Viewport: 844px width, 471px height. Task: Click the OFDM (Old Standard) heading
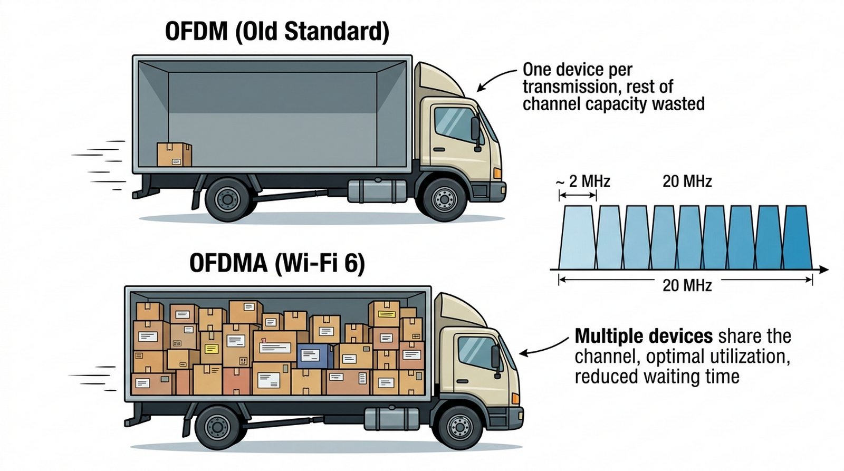277,32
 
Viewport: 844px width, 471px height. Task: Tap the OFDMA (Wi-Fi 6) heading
277,263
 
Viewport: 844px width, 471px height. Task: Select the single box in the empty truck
174,155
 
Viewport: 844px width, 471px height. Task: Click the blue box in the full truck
314,356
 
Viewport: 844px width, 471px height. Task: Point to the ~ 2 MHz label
583,181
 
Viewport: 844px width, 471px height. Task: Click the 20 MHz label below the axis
687,285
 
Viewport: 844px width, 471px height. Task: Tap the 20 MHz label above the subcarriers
687,181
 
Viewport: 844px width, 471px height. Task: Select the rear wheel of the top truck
228,199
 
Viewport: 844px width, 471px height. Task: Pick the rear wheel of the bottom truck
217,427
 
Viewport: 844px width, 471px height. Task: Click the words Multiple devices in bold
644,336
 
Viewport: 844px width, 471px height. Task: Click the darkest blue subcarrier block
796,237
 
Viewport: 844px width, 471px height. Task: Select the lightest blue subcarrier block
577,237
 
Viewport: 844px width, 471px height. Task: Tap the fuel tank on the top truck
377,190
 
